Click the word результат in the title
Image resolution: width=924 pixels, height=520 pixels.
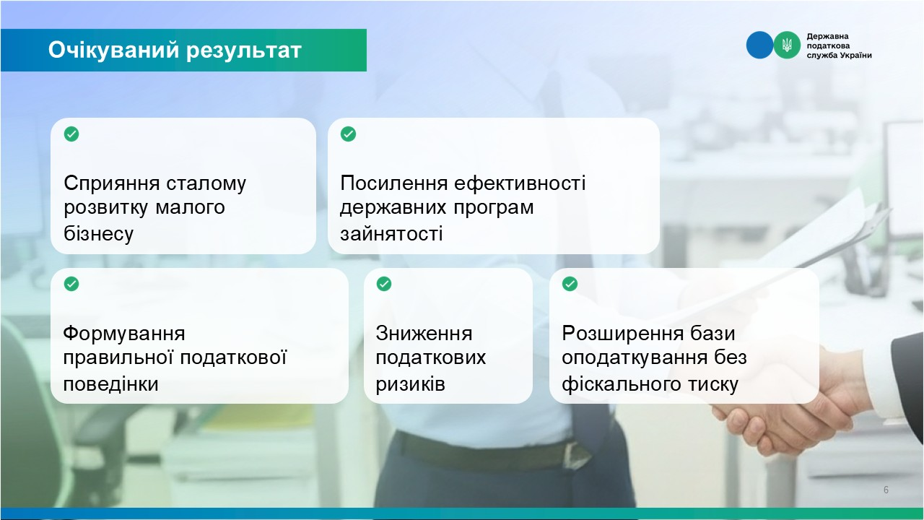click(x=244, y=51)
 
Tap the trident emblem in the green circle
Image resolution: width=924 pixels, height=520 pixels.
click(x=787, y=45)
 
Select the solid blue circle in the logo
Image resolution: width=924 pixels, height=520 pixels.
click(x=759, y=45)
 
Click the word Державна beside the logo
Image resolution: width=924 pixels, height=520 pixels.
click(x=827, y=36)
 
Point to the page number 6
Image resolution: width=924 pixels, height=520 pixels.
click(x=886, y=490)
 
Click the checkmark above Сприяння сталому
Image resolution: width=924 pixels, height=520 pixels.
click(x=71, y=134)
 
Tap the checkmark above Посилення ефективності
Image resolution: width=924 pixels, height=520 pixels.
click(x=348, y=134)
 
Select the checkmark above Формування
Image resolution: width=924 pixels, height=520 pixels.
click(x=71, y=284)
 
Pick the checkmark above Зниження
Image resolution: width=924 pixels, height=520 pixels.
click(x=384, y=284)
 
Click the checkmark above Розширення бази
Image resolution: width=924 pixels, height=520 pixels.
click(x=570, y=284)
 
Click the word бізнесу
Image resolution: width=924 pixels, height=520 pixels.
click(x=99, y=233)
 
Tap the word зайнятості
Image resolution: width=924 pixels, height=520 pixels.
click(x=391, y=234)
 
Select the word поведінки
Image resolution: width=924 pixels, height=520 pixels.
click(x=110, y=384)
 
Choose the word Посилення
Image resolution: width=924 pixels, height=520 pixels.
click(x=394, y=183)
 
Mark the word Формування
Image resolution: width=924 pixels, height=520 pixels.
click(x=124, y=334)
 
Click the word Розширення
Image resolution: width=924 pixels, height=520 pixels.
click(x=619, y=334)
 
